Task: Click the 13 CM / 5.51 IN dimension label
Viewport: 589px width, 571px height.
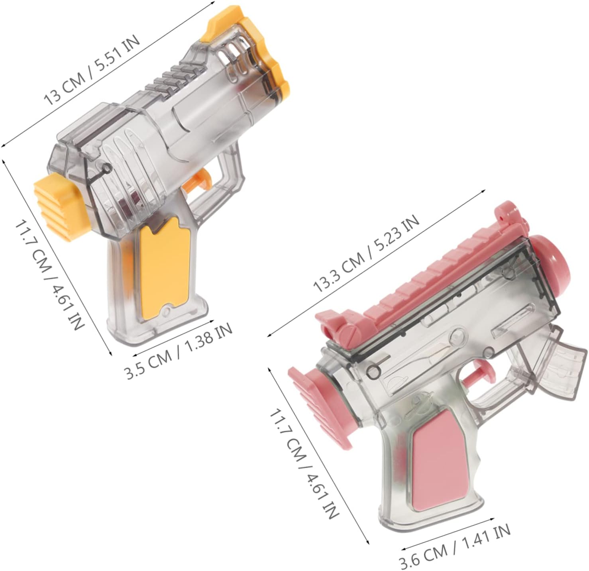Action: (x=92, y=70)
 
